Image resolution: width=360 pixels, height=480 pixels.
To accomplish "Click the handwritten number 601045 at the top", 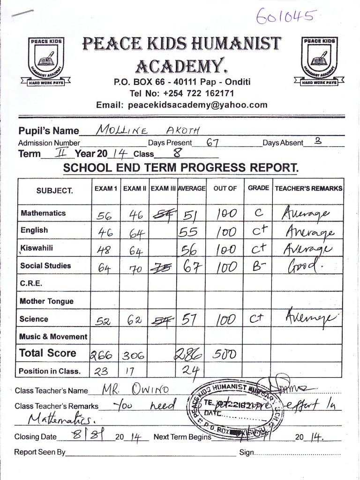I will click(x=285, y=17).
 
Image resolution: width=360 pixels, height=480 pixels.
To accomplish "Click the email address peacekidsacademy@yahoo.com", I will click(x=182, y=105).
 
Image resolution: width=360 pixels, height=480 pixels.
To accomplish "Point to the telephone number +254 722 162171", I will click(x=182, y=93).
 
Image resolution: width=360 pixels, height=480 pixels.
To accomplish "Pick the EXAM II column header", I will click(x=135, y=189).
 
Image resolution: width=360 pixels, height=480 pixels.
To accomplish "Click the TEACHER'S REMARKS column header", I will click(x=308, y=189).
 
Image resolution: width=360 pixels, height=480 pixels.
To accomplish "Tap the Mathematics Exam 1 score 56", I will click(x=104, y=215).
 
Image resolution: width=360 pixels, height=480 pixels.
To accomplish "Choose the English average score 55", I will click(x=189, y=232).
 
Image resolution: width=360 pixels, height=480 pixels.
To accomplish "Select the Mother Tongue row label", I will click(x=46, y=301).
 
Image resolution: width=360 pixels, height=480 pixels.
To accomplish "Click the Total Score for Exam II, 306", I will click(x=134, y=356).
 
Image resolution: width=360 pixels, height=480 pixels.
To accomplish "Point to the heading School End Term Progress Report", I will click(x=181, y=168).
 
